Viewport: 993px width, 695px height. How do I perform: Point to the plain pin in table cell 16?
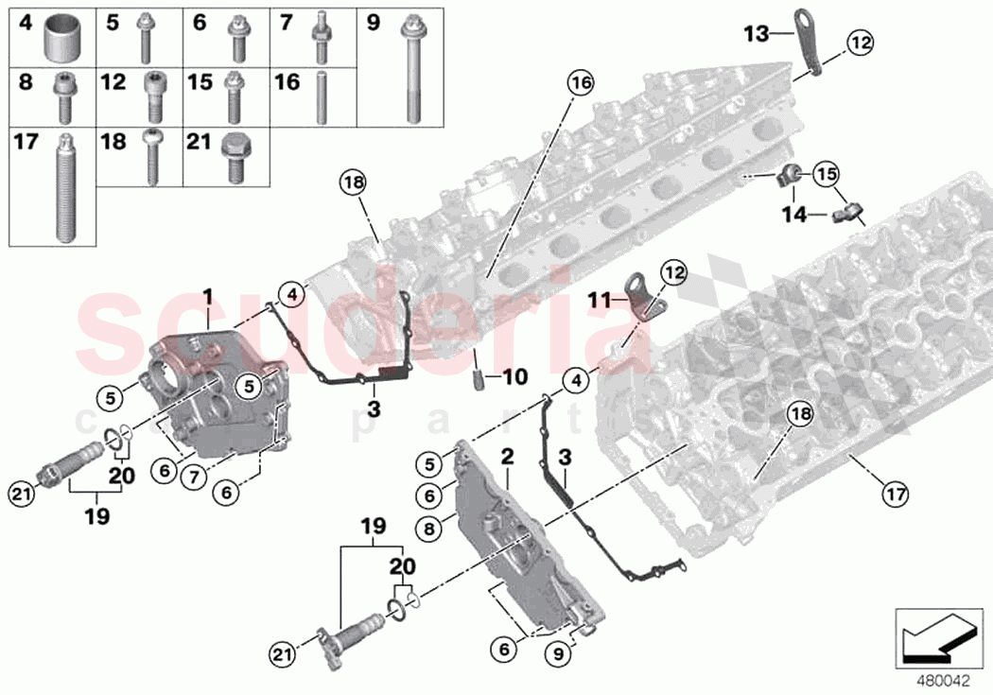[x=322, y=95]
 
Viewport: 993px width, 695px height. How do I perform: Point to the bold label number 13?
[x=757, y=34]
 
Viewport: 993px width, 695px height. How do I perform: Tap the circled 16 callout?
[x=580, y=83]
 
